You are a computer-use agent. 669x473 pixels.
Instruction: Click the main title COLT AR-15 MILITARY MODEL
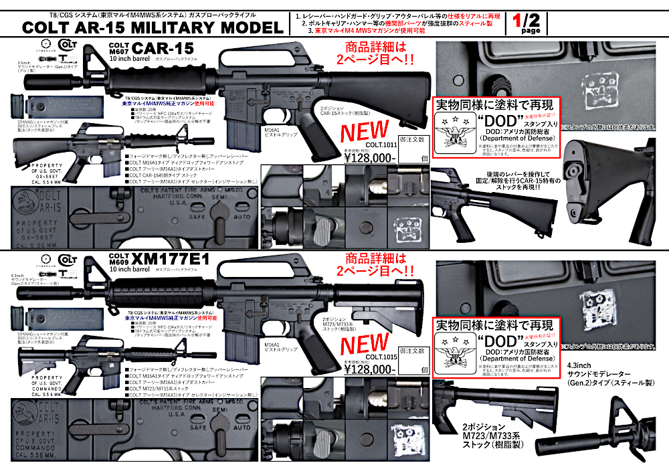point(153,27)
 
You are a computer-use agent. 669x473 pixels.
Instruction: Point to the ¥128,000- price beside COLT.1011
point(369,158)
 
